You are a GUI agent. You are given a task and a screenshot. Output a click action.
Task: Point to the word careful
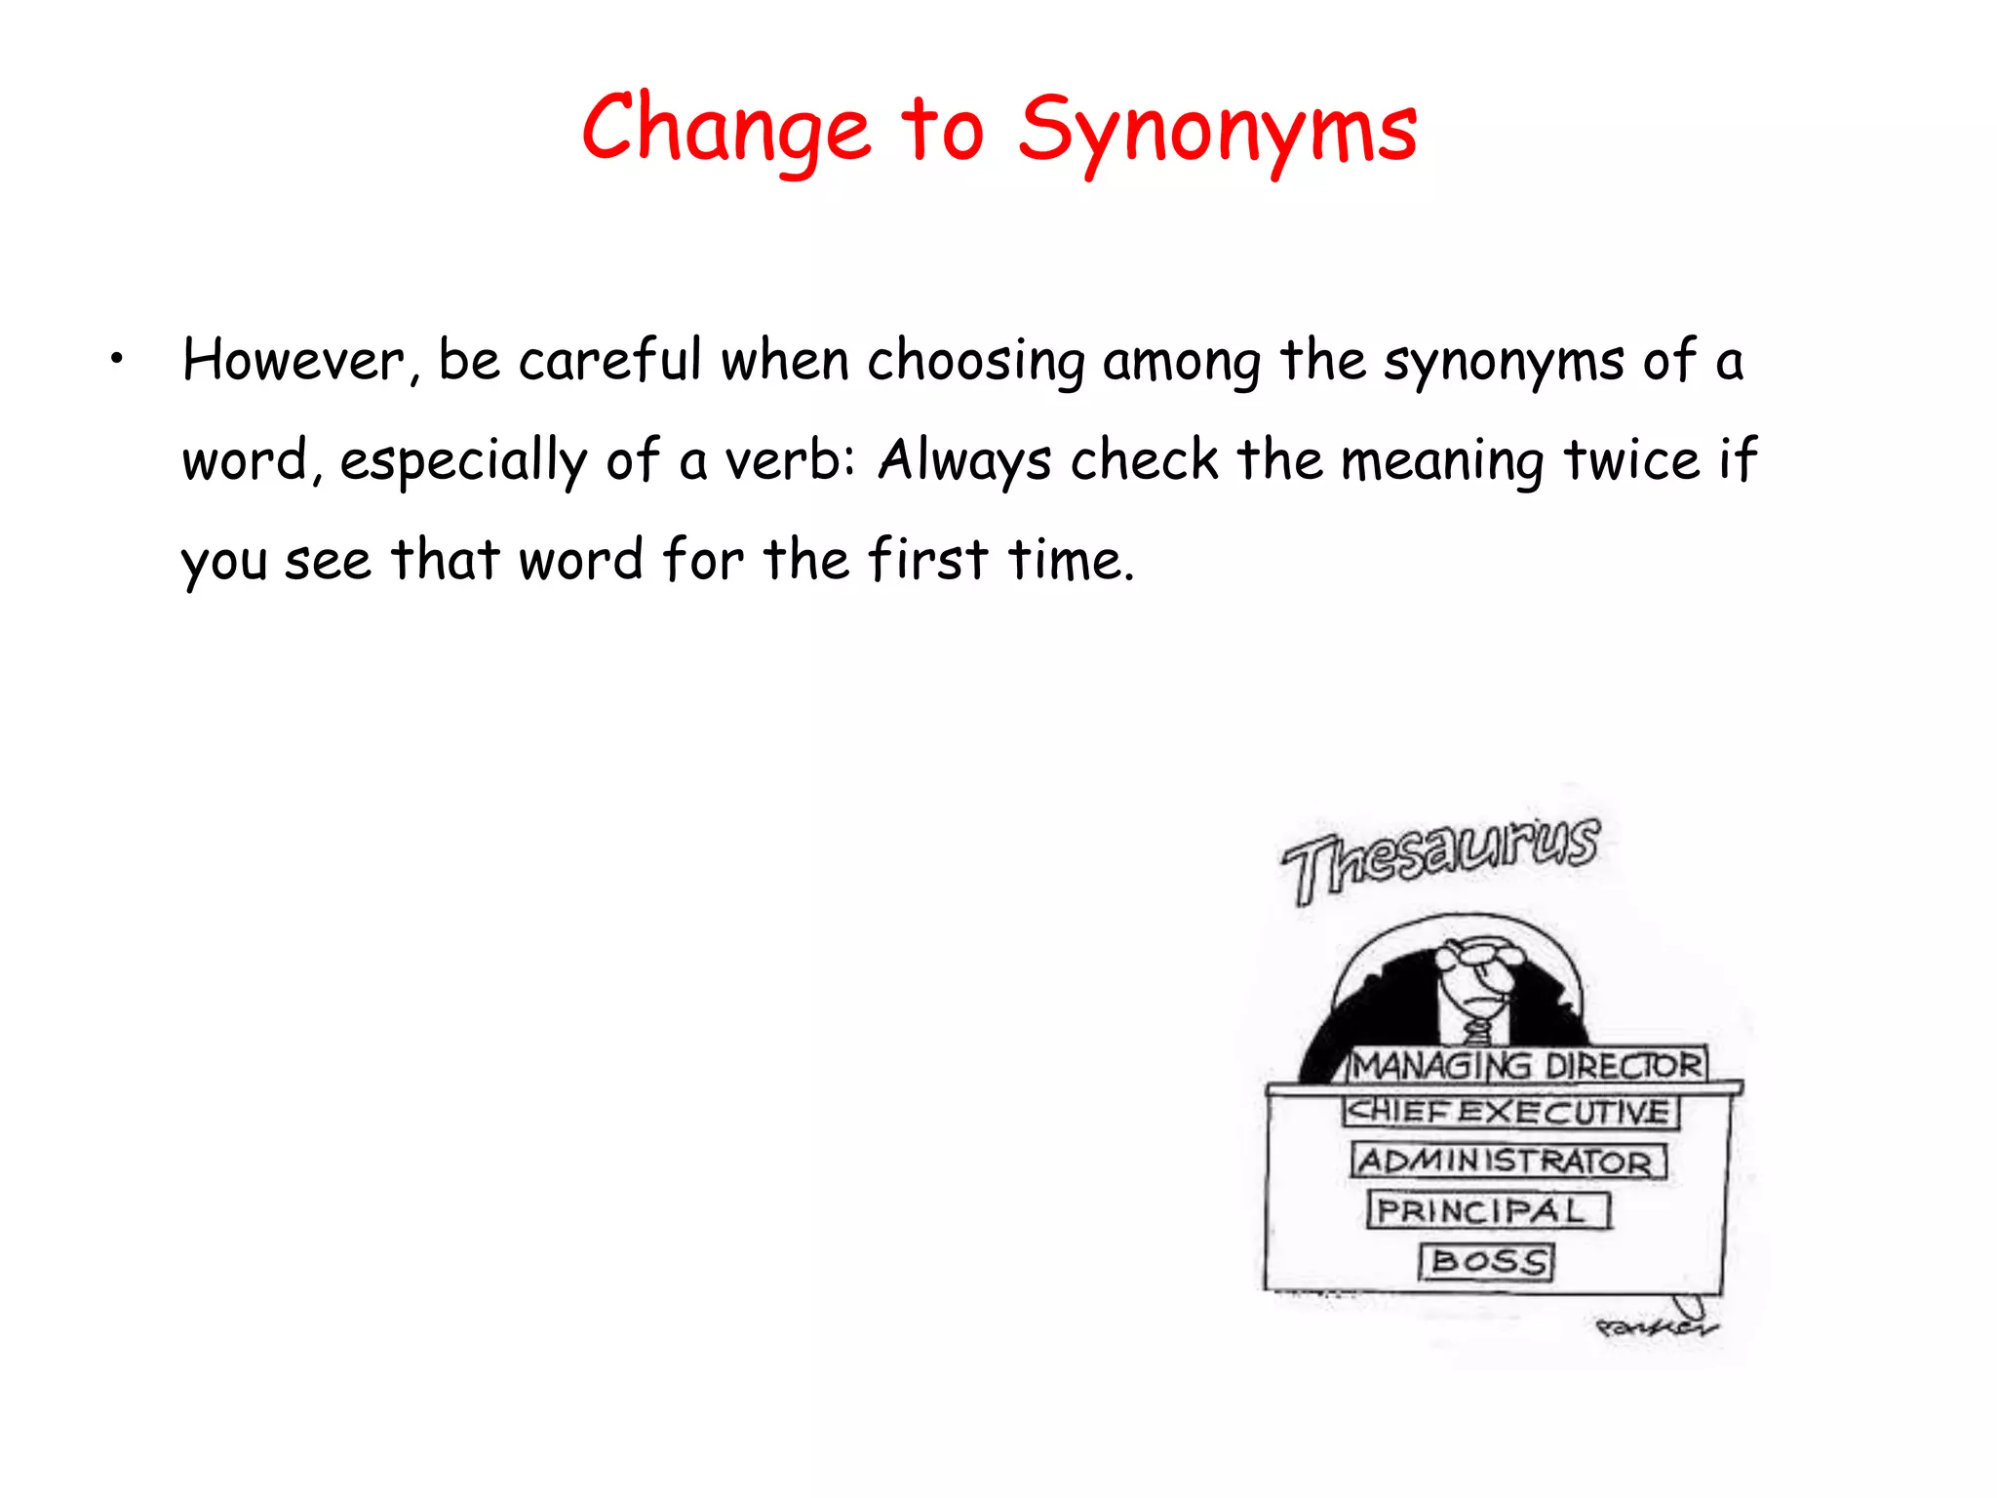(609, 361)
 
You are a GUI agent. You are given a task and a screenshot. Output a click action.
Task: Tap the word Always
(964, 461)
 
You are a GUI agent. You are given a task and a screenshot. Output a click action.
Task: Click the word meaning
(1441, 461)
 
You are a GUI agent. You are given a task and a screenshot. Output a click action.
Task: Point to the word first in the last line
(927, 560)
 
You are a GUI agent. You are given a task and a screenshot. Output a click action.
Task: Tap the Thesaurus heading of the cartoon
(1440, 857)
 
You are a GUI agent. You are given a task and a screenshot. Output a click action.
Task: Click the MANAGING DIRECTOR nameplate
(1527, 1065)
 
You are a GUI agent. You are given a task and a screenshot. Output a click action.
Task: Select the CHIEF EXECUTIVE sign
(1509, 1112)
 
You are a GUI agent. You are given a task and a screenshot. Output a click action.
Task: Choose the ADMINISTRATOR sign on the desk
(1508, 1162)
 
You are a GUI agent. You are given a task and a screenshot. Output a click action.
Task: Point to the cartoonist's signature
(1655, 1327)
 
